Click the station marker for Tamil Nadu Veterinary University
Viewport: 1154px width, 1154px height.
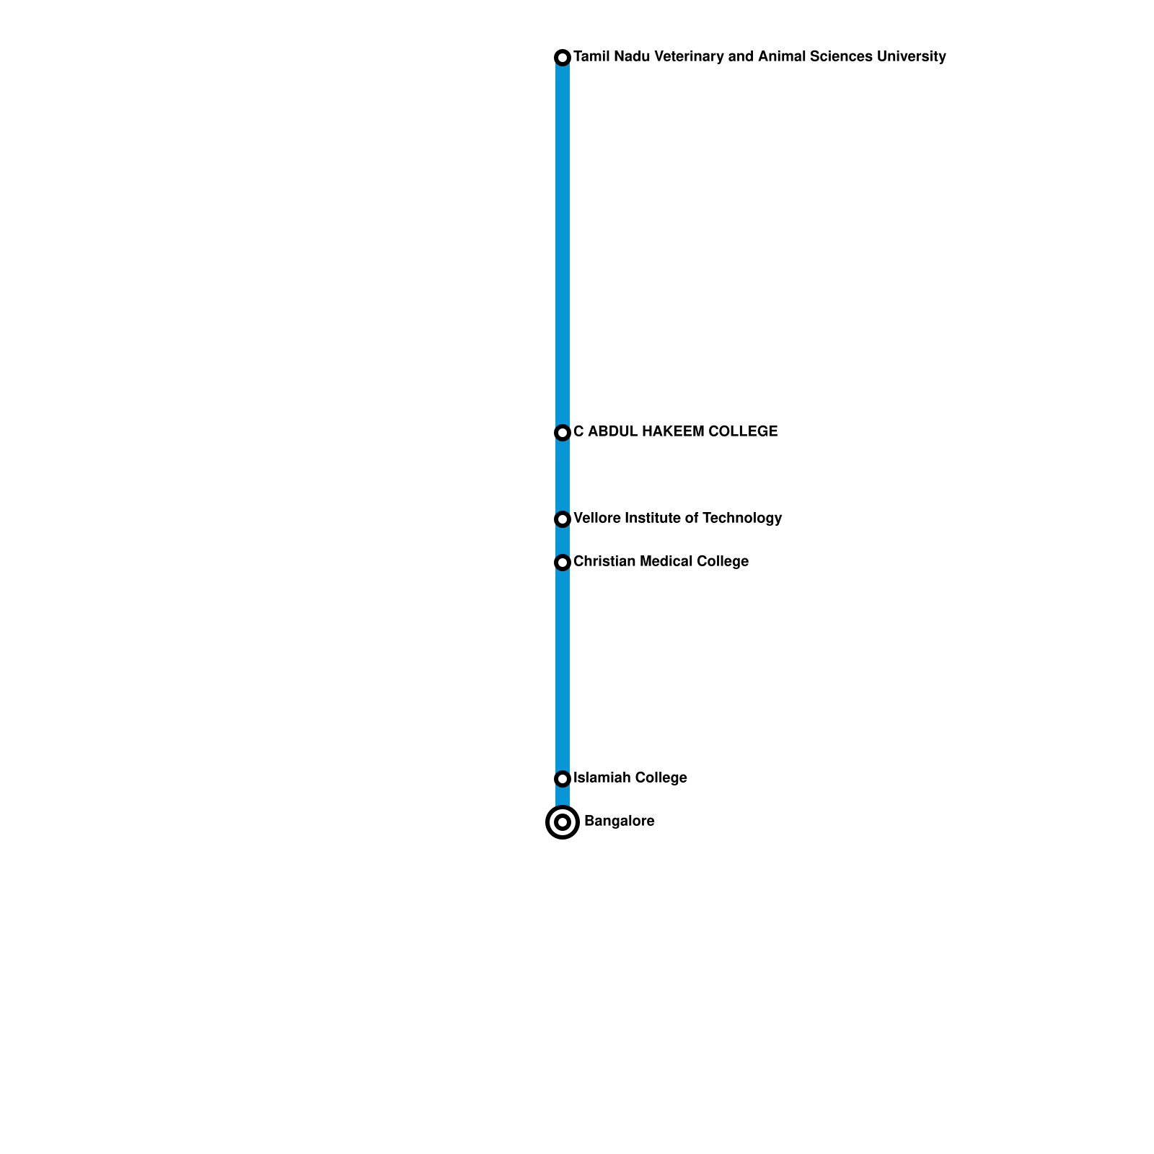coord(563,57)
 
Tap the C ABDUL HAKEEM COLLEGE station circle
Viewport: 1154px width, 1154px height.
coord(563,432)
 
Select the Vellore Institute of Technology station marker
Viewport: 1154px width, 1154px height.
coord(563,519)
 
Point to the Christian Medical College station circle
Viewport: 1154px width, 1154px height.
coord(563,562)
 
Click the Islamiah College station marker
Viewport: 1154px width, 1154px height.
coord(563,778)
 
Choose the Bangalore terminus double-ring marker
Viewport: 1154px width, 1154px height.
coord(563,822)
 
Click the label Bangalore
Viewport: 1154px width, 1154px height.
coord(619,821)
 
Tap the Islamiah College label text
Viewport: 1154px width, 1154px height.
coord(630,778)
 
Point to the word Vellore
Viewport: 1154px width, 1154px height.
coord(596,518)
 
